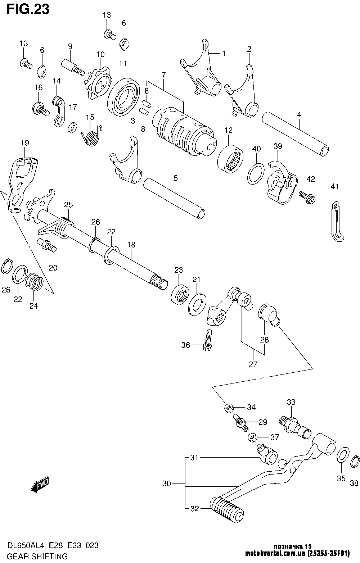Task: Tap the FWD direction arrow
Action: click(40, 485)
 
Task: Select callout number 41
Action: click(335, 186)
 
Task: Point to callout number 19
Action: click(24, 143)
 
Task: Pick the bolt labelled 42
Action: click(307, 196)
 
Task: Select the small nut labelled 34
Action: click(228, 407)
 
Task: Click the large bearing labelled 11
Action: click(123, 95)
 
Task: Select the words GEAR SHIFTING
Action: click(34, 556)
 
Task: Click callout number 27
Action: click(253, 364)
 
